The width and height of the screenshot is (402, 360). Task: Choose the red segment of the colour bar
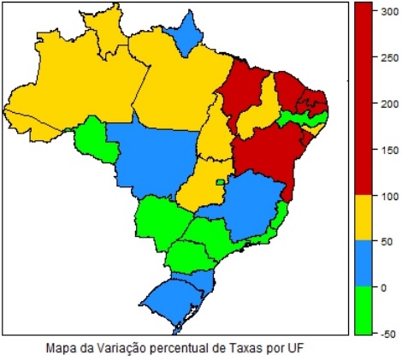point(365,98)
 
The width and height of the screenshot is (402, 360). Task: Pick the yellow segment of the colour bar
point(365,217)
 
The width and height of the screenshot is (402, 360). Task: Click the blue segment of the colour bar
point(365,263)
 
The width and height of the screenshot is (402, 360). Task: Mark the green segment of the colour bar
point(365,309)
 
